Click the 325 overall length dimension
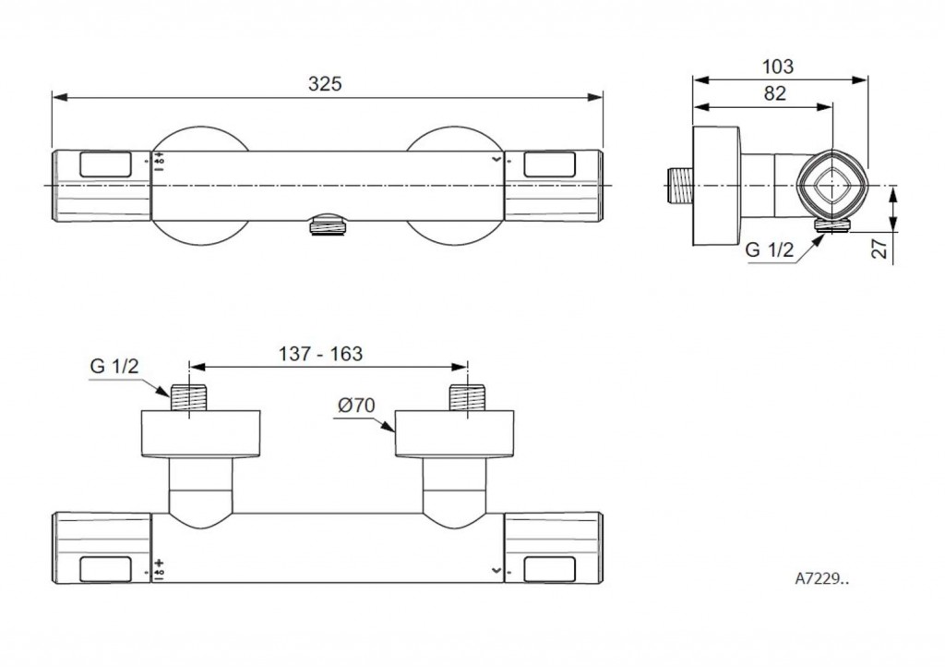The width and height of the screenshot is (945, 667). [325, 83]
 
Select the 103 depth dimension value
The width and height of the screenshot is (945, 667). [778, 67]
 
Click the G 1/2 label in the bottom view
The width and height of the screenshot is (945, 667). [114, 365]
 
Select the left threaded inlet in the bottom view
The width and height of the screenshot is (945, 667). [188, 396]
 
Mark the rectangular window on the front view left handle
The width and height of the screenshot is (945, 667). [107, 164]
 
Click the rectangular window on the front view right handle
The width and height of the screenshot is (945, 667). [548, 164]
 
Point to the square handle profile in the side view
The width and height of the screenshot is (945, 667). [833, 183]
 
